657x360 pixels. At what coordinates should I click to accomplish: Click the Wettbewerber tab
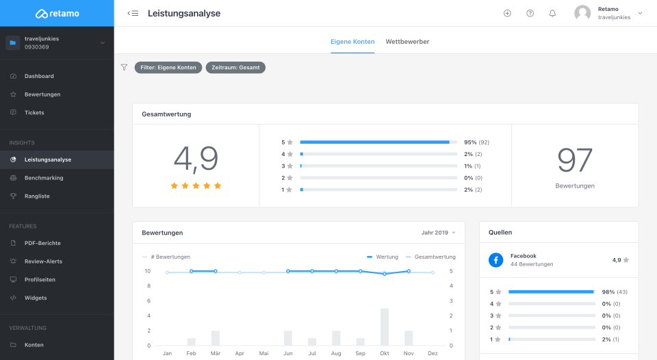point(407,42)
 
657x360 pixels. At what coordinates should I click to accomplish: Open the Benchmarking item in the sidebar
point(44,178)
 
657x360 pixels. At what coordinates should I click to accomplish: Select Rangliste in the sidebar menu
point(37,196)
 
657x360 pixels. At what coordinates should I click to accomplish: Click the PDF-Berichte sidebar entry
point(42,243)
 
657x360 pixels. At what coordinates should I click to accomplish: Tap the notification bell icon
point(552,13)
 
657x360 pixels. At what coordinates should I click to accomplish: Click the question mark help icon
point(530,13)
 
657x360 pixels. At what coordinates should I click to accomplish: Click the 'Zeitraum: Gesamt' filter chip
point(235,68)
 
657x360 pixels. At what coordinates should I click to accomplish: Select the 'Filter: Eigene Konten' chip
point(168,68)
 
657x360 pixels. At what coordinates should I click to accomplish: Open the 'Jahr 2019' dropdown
point(438,233)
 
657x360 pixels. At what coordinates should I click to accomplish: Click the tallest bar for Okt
point(385,326)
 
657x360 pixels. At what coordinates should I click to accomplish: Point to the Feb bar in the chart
point(192,342)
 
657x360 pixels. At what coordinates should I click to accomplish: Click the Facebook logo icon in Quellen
point(495,260)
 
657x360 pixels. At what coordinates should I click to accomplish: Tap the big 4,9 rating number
point(196,159)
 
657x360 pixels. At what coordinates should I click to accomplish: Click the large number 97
point(575,160)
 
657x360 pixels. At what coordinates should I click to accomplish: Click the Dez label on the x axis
point(433,353)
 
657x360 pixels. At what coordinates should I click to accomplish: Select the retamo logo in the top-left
point(57,13)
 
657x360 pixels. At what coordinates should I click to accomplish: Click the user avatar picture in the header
point(582,13)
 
